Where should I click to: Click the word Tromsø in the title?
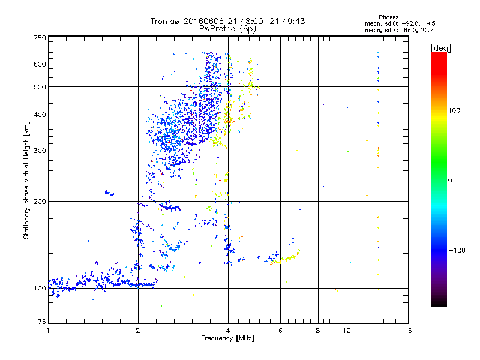(x=167, y=21)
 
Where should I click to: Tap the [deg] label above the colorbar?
(x=441, y=47)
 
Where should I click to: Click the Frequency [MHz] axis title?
(x=227, y=339)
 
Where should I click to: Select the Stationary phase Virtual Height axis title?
(x=26, y=180)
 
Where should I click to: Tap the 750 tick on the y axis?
(x=40, y=37)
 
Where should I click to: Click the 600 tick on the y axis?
(x=40, y=64)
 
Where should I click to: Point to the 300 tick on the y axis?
(x=40, y=151)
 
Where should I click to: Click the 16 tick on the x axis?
(x=407, y=331)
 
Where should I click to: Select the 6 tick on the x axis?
(x=280, y=331)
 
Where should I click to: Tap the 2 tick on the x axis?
(x=138, y=331)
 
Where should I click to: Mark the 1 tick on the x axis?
(x=48, y=331)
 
